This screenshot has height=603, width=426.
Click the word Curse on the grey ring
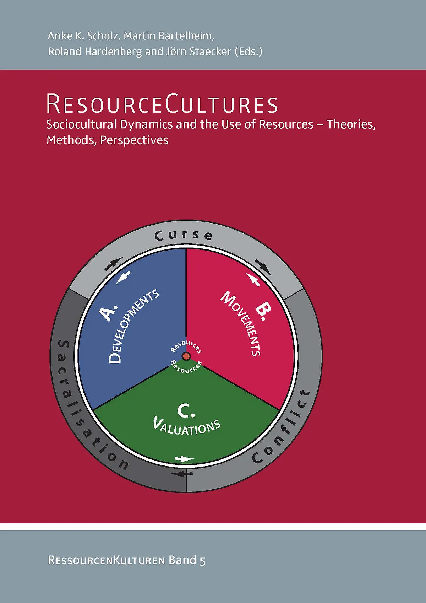coord(184,235)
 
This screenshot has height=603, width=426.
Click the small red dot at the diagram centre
coord(186,356)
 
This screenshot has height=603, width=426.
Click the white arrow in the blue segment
coord(124,277)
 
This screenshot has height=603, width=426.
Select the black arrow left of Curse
coord(113,264)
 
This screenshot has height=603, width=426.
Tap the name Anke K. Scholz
coord(83,36)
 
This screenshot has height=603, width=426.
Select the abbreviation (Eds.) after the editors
coord(248,51)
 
